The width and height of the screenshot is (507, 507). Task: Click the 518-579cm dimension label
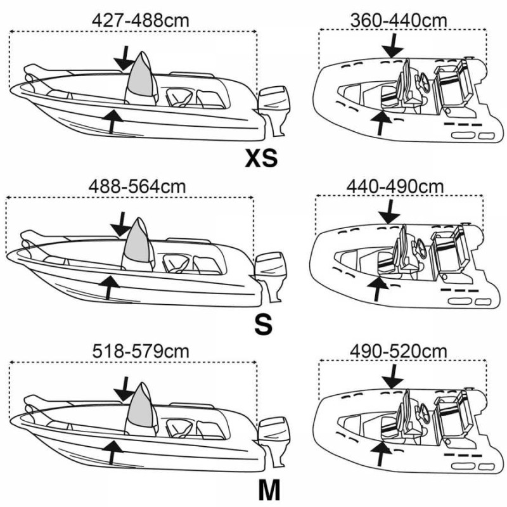(141, 351)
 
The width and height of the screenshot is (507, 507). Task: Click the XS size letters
(261, 158)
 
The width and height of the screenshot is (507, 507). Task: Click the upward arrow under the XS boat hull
(113, 120)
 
